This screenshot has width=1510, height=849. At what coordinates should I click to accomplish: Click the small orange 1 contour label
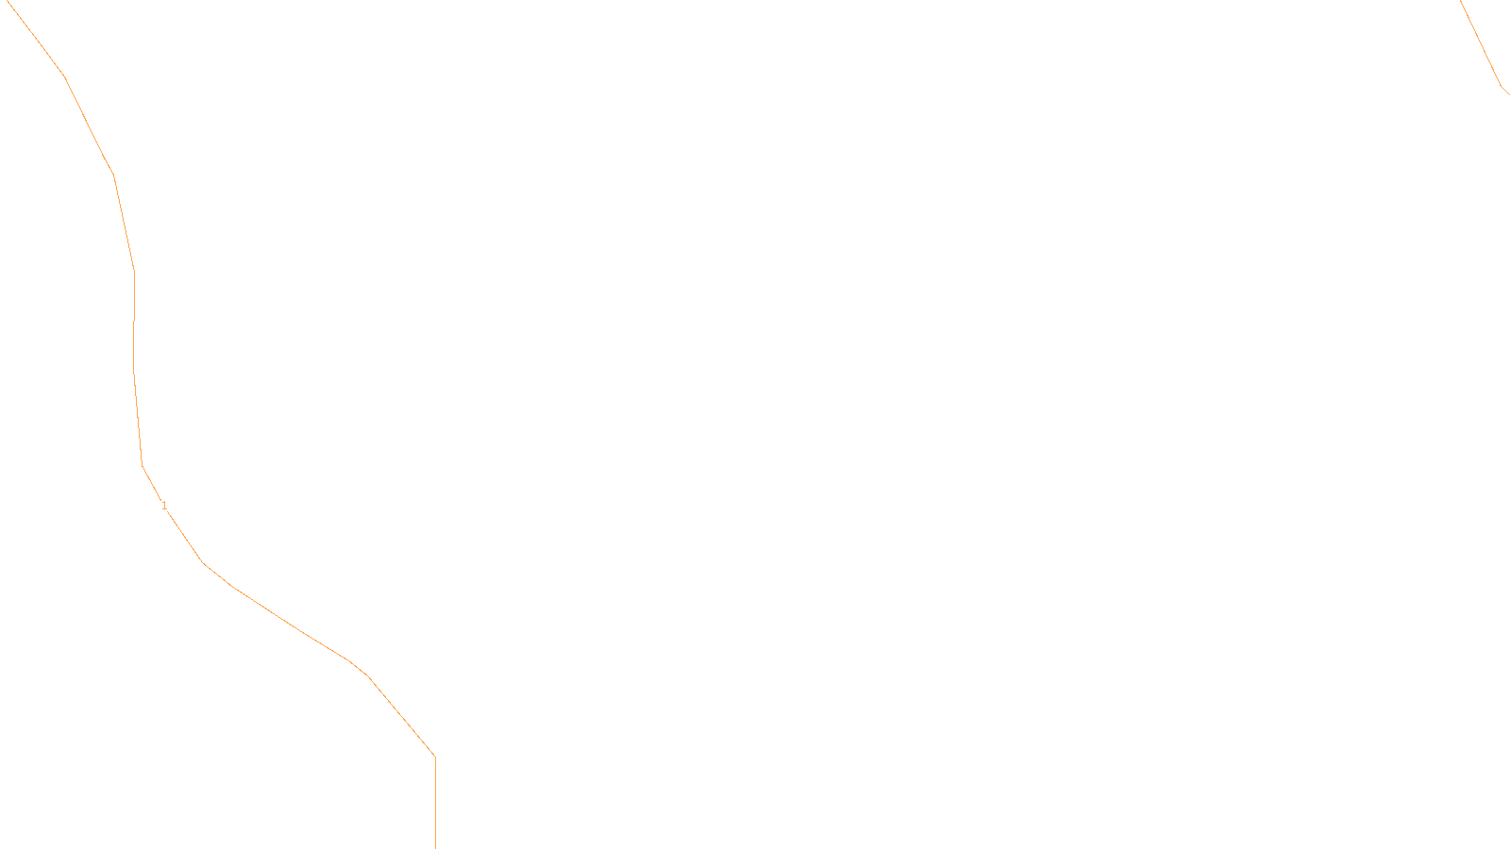(x=164, y=506)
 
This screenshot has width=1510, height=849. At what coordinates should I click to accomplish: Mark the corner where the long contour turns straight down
(x=434, y=756)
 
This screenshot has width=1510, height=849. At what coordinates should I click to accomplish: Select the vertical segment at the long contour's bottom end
(x=435, y=802)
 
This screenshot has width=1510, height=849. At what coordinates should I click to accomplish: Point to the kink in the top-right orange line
(x=1501, y=87)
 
